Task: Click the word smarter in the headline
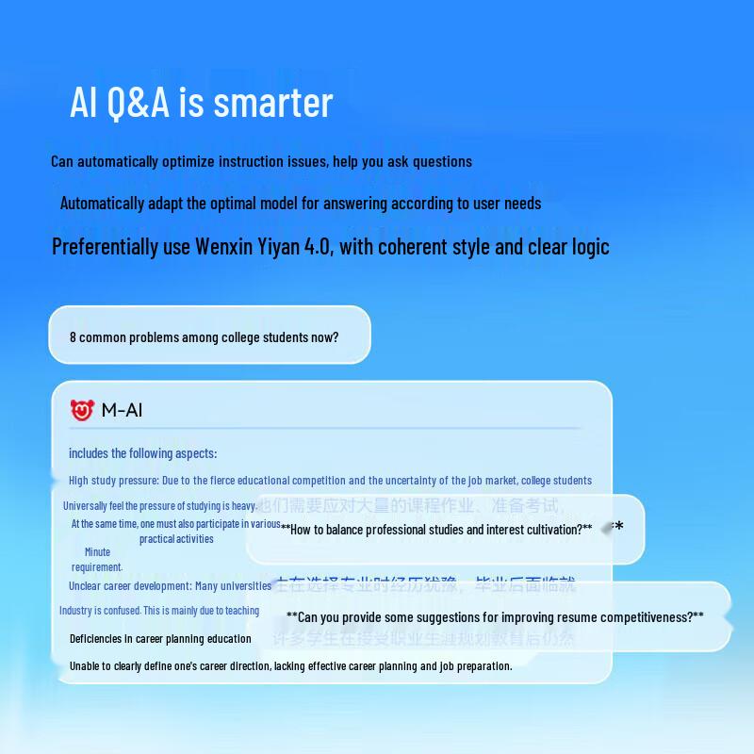(273, 103)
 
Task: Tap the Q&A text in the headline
(140, 103)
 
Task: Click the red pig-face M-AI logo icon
(82, 410)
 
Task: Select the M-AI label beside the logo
(122, 410)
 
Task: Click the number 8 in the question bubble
(73, 337)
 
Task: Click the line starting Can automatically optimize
(261, 161)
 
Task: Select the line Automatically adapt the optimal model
(300, 203)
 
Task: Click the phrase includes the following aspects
(142, 453)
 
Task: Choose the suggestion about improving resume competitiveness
(495, 617)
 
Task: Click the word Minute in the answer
(97, 552)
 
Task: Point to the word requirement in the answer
(97, 567)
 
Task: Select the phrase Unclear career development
(129, 586)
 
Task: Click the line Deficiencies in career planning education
(160, 639)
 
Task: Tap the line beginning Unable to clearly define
(290, 666)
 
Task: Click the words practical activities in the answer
(176, 539)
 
